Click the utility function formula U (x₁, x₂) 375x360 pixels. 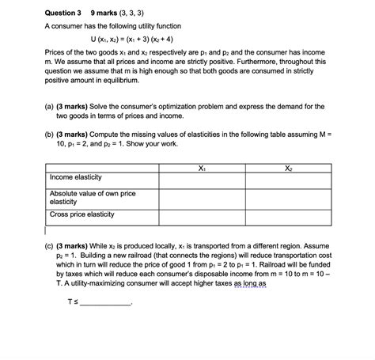(138, 40)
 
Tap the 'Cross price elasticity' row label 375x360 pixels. (81, 214)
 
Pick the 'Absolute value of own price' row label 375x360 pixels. (92, 193)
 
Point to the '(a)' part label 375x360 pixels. (49, 104)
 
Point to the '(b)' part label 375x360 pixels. (49, 135)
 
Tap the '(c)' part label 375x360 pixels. (49, 247)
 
